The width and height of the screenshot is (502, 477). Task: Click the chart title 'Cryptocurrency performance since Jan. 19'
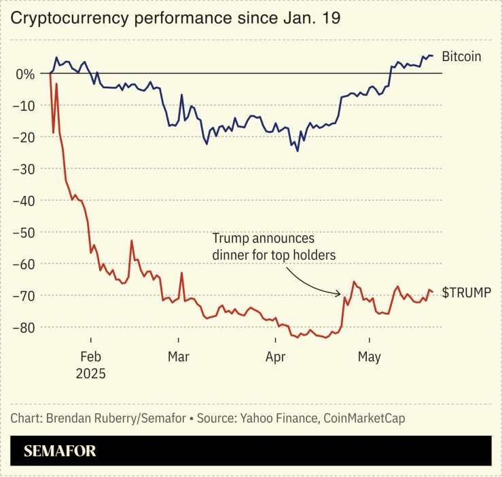[175, 18]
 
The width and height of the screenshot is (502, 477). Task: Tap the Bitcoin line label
[461, 56]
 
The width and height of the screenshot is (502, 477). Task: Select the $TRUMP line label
[466, 292]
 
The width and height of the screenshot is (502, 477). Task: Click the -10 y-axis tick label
[24, 105]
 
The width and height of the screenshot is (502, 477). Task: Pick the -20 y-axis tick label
[24, 137]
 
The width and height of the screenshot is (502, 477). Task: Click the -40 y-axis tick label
[24, 200]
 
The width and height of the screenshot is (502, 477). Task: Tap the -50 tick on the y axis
[24, 232]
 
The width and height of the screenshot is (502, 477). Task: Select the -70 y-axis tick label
[24, 296]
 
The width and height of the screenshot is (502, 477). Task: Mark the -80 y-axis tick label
[24, 327]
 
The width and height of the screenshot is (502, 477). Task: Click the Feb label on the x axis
[90, 357]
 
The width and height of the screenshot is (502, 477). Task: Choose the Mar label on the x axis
[179, 357]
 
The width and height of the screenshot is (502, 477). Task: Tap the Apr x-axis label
[275, 357]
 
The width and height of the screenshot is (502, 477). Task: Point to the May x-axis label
[370, 357]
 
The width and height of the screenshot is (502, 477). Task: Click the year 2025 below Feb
[90, 373]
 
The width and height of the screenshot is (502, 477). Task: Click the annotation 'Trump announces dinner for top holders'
[274, 247]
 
